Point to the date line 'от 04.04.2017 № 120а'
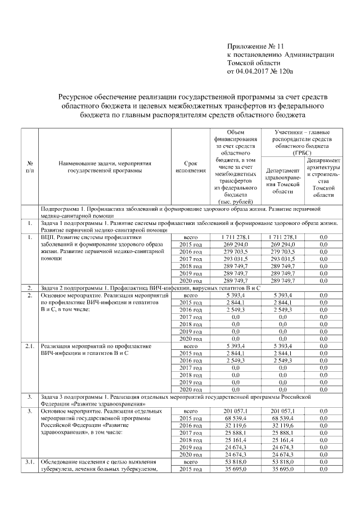(260, 71)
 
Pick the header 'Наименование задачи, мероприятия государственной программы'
(104, 166)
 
